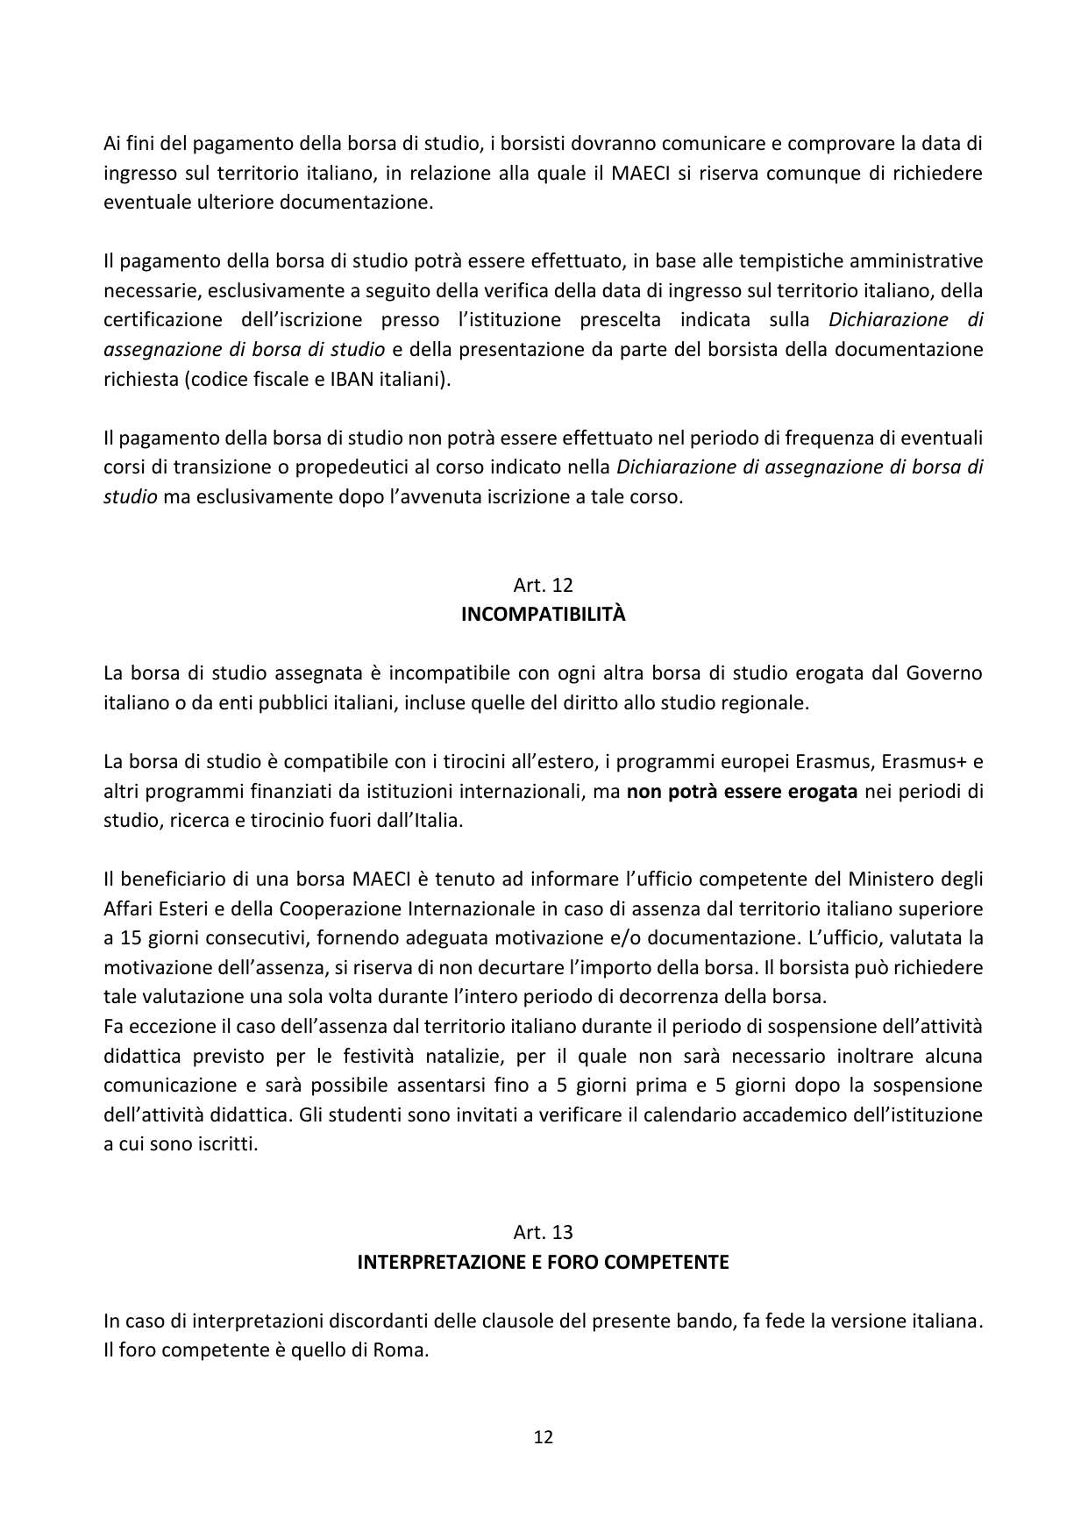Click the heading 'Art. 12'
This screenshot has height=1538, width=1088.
(x=544, y=585)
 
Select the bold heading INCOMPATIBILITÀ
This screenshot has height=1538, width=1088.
(x=544, y=615)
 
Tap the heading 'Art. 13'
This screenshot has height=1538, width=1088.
(x=544, y=1232)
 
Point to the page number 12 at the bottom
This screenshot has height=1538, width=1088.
(x=544, y=1437)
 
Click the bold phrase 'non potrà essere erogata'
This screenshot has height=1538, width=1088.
(x=742, y=792)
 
